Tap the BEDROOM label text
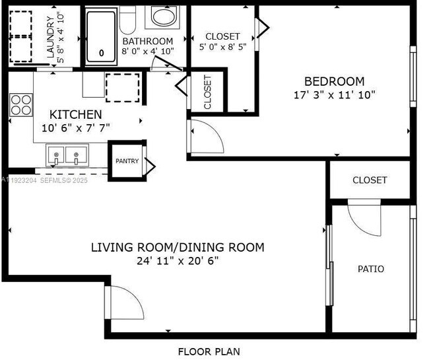337,81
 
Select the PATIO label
370,269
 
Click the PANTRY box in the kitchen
127,161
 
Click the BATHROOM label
147,40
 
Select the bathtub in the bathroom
101,36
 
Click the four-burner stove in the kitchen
21,104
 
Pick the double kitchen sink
67,157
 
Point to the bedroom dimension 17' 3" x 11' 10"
335,94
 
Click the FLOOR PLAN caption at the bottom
209,351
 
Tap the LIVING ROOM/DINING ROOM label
177,248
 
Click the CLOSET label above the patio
370,180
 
